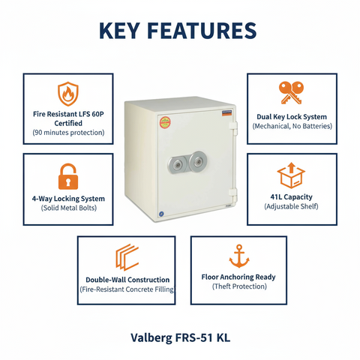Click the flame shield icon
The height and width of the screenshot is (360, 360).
tap(68, 94)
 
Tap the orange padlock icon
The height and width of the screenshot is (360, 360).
tap(68, 177)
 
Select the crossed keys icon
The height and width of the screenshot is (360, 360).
tap(291, 93)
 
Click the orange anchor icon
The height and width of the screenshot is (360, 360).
tap(238, 256)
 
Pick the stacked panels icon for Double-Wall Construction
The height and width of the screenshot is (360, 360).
tap(126, 257)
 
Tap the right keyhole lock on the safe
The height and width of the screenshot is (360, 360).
tap(198, 161)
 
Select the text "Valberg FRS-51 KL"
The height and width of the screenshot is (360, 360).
tap(180, 337)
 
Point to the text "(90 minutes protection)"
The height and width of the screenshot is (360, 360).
tap(68, 133)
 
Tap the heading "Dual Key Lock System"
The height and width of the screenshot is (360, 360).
tap(291, 117)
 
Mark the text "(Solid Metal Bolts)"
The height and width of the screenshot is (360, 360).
tap(68, 208)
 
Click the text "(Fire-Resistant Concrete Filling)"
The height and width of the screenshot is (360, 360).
tap(126, 289)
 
